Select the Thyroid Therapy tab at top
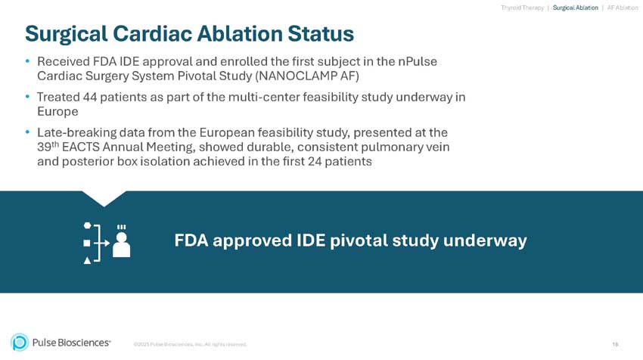(522, 8)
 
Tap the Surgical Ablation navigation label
(576, 8)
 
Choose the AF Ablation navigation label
(623, 8)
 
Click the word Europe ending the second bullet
(57, 112)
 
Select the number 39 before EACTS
(44, 147)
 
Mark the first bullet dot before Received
(28, 61)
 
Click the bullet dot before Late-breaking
(28, 132)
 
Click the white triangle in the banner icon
(87, 259)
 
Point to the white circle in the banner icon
(87, 226)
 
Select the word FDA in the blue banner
(191, 241)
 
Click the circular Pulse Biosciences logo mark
(20, 343)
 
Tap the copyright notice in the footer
(190, 345)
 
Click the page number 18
(615, 345)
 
